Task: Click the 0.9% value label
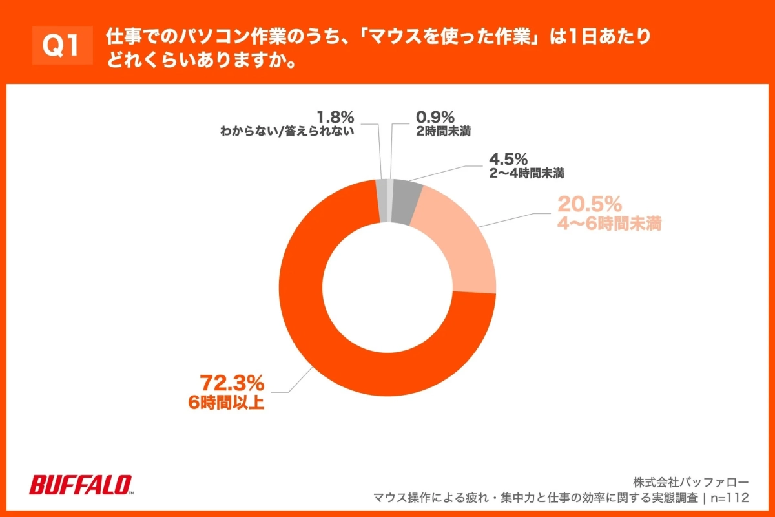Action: coord(435,118)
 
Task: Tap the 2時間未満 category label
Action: coord(443,132)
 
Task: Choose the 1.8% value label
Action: coord(335,118)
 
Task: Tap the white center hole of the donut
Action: coord(387,288)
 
